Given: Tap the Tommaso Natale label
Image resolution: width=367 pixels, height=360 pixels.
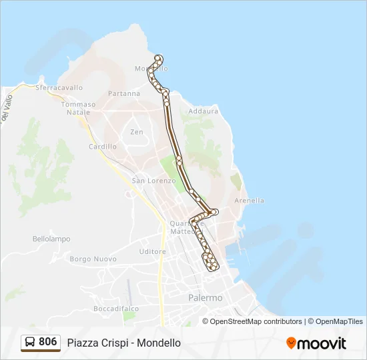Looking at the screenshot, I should coord(79,108).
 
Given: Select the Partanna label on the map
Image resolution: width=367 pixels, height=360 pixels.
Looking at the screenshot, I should coord(124,94).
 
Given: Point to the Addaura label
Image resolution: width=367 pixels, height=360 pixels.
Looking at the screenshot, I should coord(204,111).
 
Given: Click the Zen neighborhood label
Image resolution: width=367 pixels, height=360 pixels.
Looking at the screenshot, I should coord(137,132).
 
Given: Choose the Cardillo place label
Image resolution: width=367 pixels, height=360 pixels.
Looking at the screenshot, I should coord(103,146).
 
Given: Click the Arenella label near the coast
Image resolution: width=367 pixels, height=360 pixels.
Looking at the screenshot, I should coord(250,200).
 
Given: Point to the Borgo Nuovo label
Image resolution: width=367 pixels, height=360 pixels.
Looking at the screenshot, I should coord(93,259).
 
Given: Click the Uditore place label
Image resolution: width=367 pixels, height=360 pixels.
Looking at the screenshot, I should coord(153,251).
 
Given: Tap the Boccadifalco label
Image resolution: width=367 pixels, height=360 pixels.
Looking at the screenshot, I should coord(116,309).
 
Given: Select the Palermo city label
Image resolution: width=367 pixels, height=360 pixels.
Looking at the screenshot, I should coord(206,298).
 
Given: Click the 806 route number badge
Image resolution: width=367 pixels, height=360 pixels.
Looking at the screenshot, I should coord(47,342).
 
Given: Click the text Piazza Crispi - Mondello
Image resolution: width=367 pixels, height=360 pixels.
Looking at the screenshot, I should coord(123,343).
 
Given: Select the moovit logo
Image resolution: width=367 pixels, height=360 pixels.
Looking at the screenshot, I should coord(316,343).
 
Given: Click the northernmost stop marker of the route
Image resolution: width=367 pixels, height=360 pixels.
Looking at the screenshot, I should coord(158,58).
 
